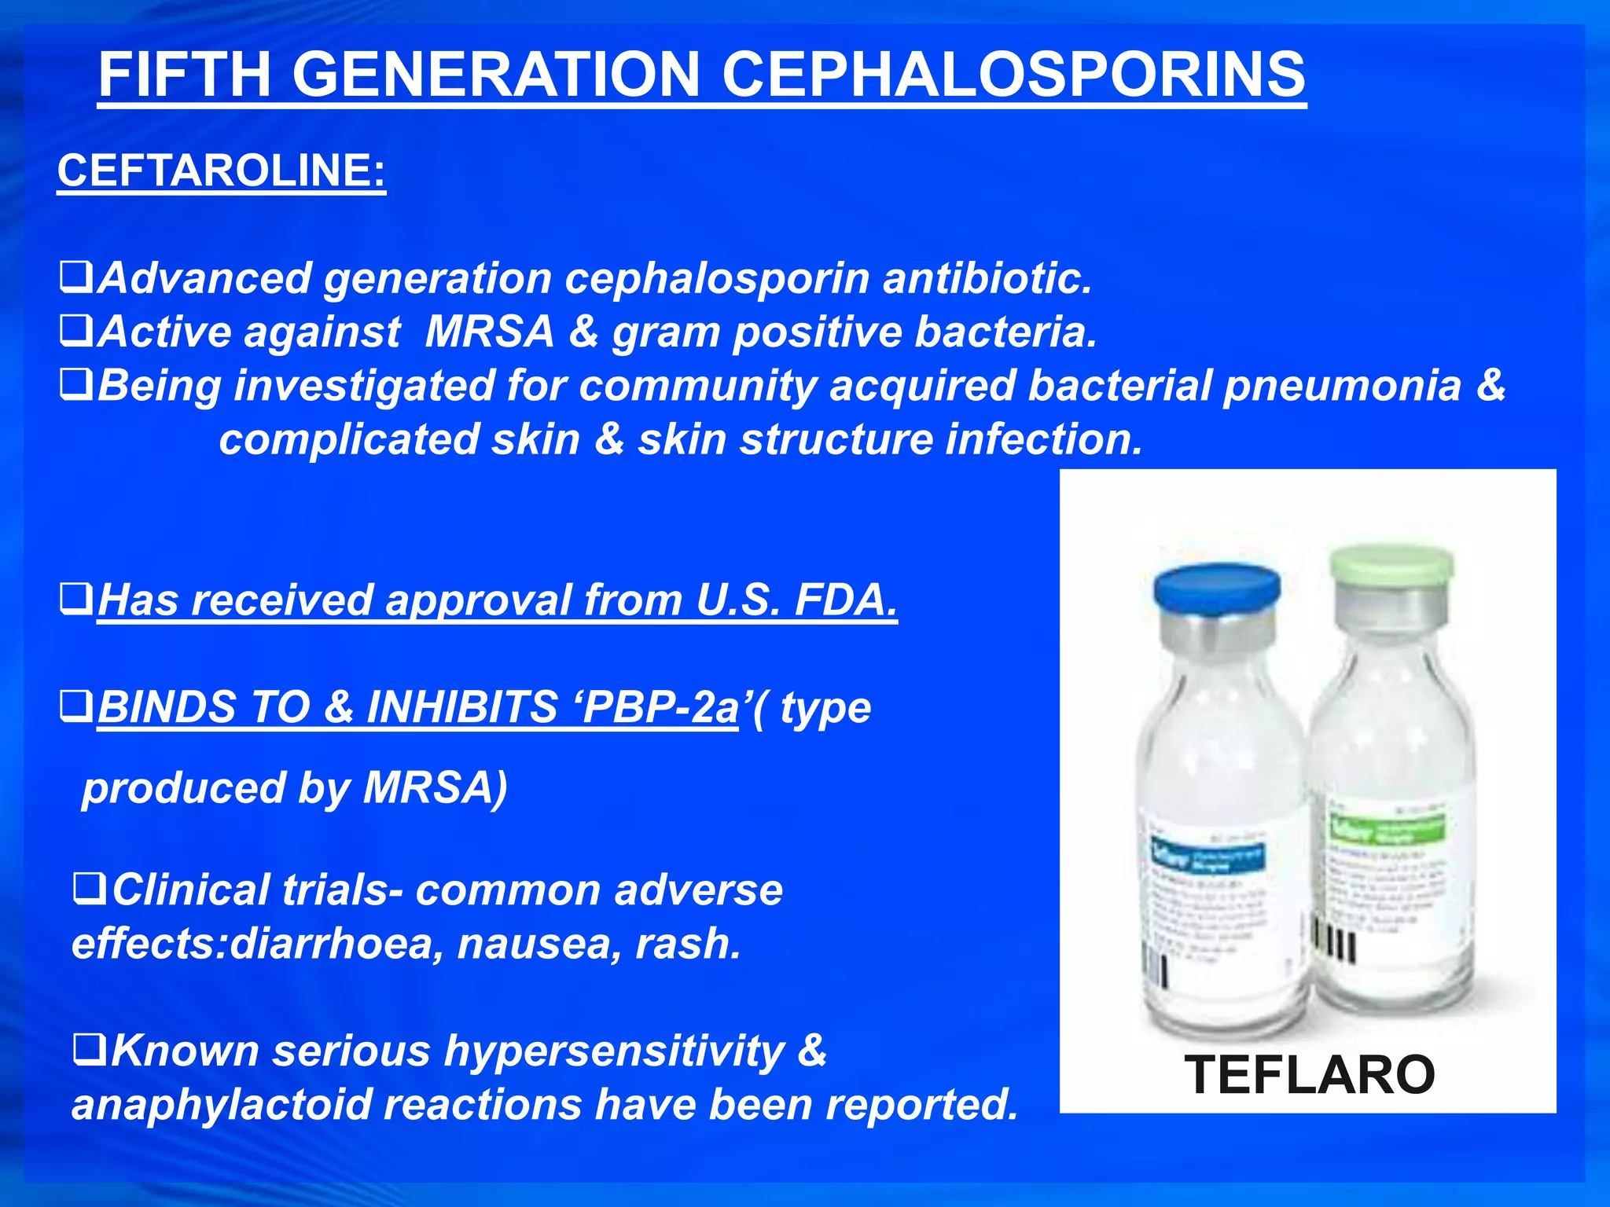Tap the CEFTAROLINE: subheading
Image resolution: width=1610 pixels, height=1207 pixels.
[x=221, y=171]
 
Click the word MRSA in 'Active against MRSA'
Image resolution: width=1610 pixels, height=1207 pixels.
[x=489, y=332]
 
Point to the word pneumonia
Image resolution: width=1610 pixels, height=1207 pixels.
[x=1341, y=387]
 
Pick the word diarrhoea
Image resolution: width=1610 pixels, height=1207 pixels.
[x=331, y=943]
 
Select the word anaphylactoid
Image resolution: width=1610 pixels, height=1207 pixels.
[x=221, y=1105]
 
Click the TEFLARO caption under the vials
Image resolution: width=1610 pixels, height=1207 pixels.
[x=1309, y=1075]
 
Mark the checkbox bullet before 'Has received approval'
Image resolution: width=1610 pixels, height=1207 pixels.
[x=76, y=599]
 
